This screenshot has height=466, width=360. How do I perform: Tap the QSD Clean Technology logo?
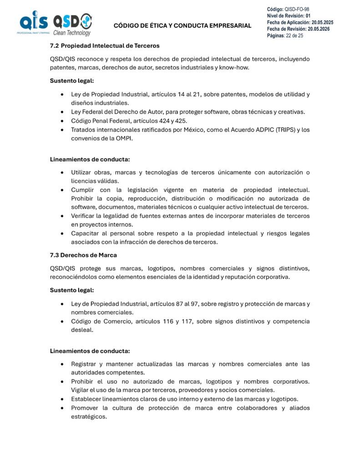[72, 25]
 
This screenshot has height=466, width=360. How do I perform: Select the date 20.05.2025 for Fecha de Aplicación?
[322, 22]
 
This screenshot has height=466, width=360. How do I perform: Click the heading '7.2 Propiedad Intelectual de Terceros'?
[105, 46]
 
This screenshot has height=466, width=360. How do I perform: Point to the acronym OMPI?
[116, 138]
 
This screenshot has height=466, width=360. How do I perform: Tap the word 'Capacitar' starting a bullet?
[86, 233]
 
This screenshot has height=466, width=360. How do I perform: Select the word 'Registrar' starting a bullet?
[85, 364]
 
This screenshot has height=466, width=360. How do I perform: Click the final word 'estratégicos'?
[89, 416]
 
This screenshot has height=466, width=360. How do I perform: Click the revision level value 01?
[308, 16]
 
